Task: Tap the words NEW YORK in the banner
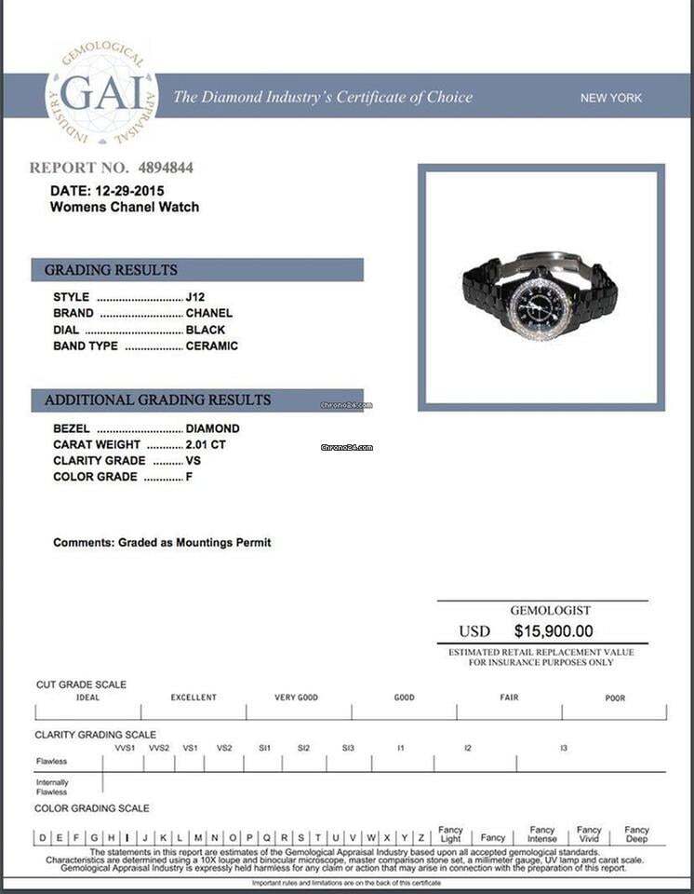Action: pos(610,98)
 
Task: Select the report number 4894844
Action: pos(166,169)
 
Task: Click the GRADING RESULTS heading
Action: pos(111,270)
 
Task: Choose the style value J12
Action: pos(195,297)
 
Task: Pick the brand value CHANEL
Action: pos(209,313)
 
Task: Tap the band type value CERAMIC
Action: pos(212,345)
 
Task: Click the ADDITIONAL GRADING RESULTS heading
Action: pos(158,400)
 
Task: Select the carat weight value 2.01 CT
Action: pos(206,444)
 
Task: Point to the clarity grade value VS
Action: pos(194,460)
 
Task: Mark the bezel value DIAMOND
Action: pos(213,428)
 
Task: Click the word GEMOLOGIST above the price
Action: pos(550,611)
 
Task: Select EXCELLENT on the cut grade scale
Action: pos(194,698)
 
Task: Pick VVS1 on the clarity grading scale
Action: pos(125,748)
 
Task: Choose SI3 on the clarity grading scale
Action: pos(348,748)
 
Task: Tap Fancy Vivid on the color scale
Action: pos(589,833)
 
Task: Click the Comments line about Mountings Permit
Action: pos(162,542)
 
